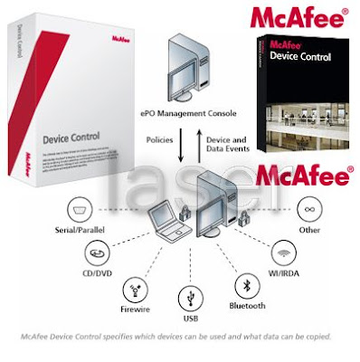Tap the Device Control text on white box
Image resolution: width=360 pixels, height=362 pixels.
[x=71, y=139]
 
